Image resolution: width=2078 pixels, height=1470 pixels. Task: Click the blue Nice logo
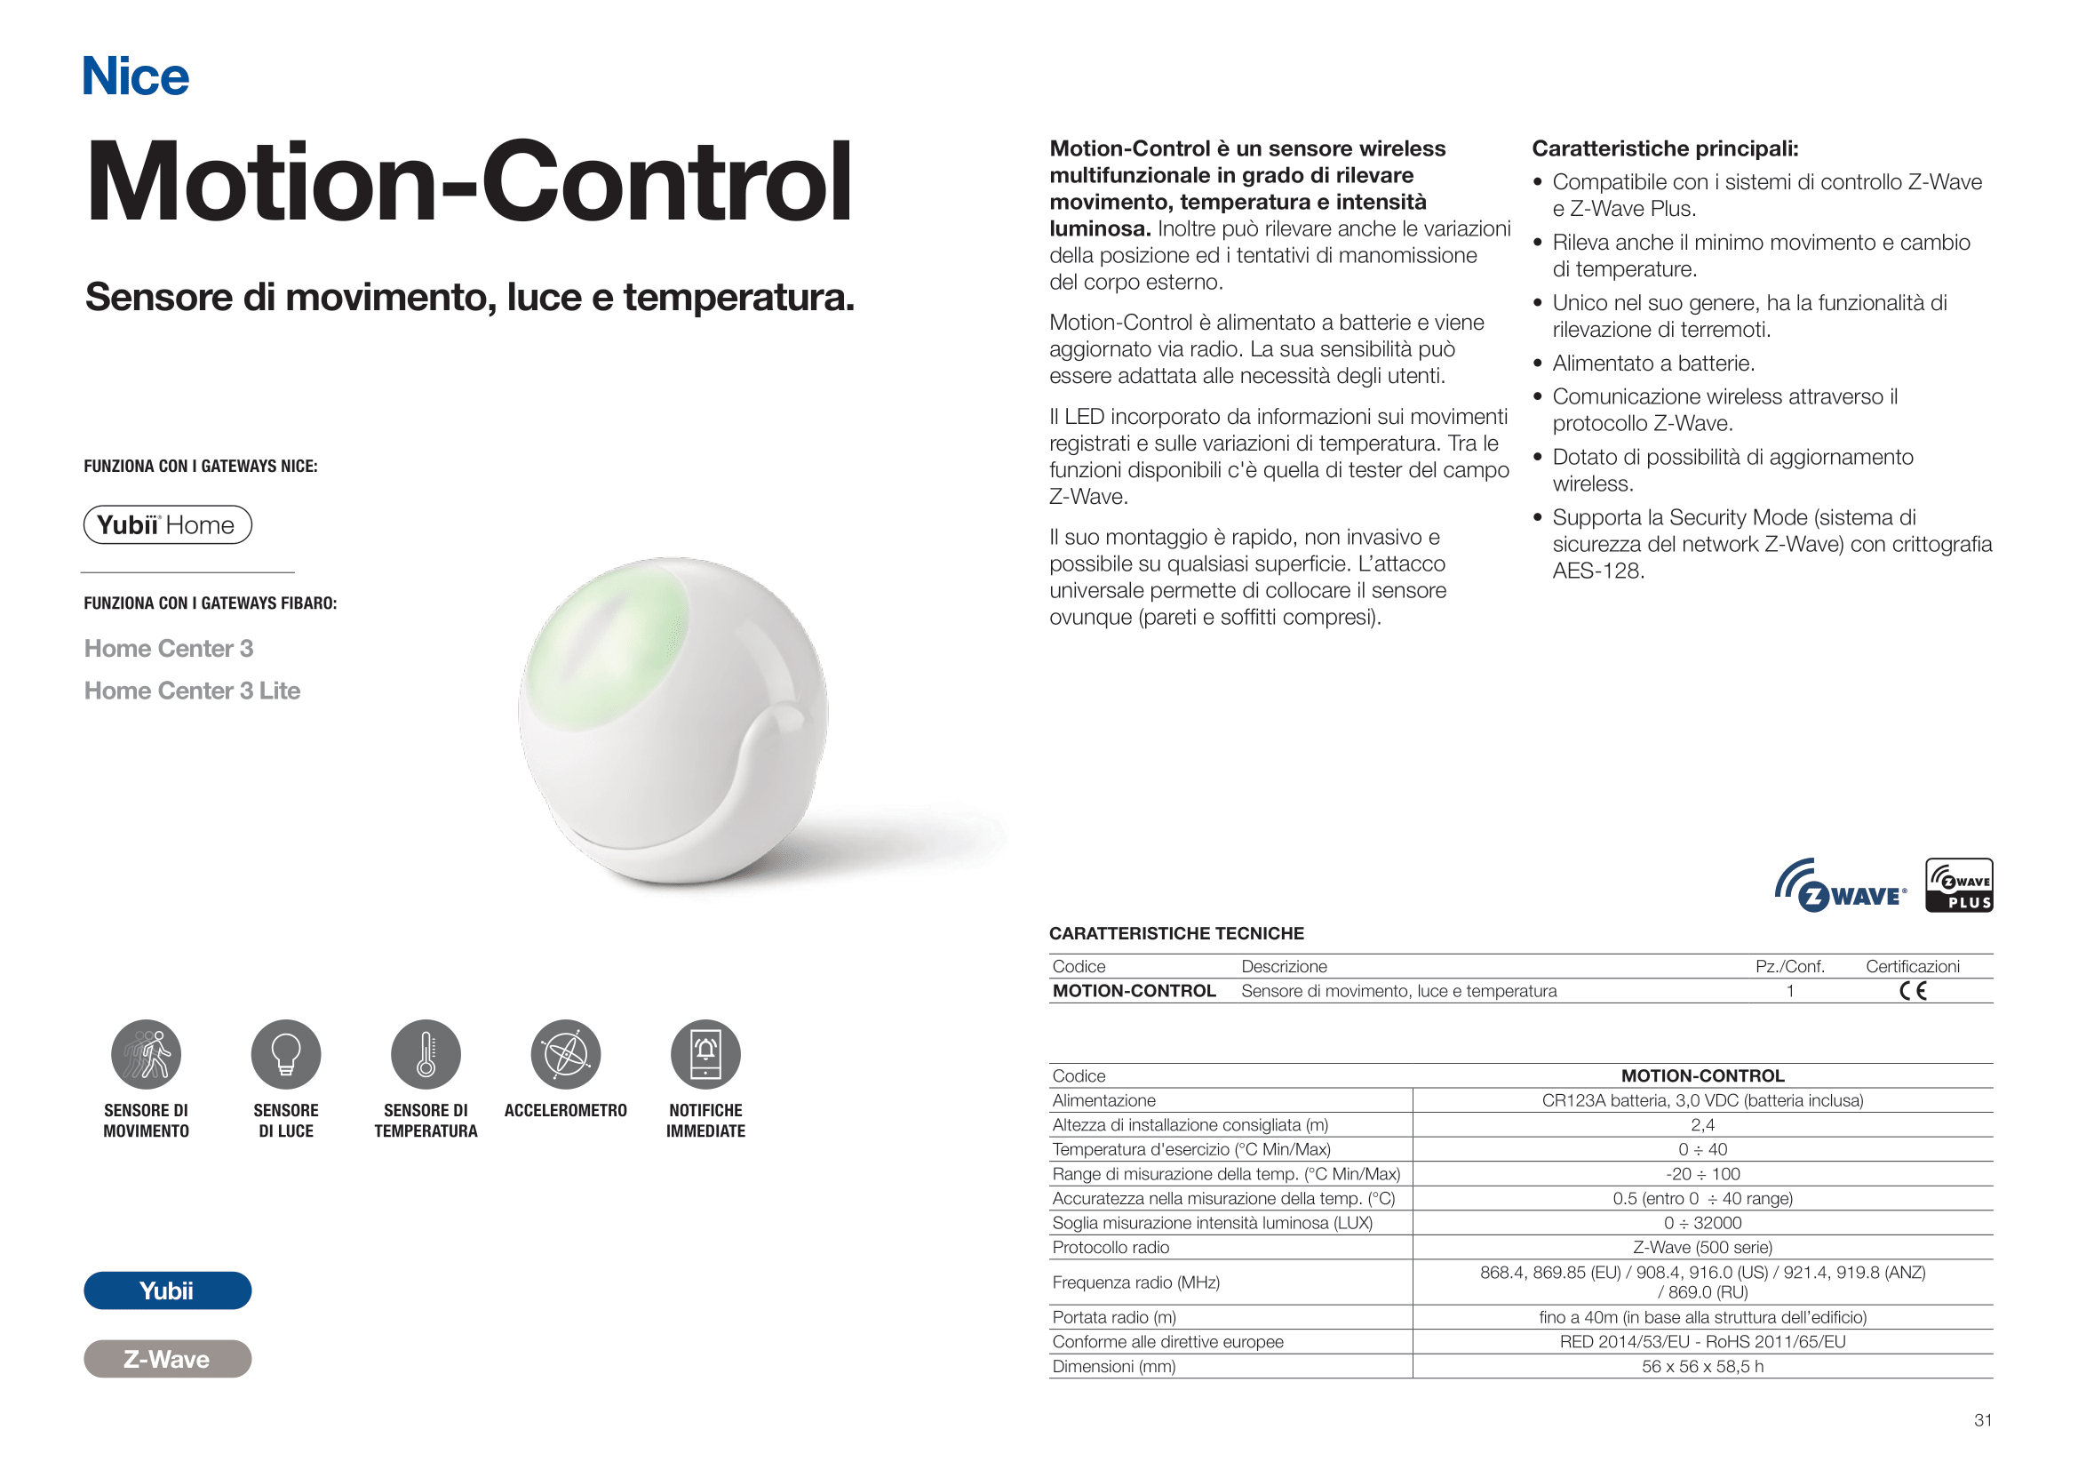[x=136, y=76]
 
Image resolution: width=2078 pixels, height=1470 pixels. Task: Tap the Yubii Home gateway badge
[x=167, y=525]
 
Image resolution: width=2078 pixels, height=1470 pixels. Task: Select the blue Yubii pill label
[x=167, y=1290]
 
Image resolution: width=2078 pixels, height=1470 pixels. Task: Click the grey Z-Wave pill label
[x=167, y=1359]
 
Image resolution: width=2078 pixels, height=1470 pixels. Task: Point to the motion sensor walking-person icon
[x=147, y=1055]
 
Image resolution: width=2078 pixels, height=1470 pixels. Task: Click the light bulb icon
[x=286, y=1055]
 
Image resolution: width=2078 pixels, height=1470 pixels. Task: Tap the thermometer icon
[x=426, y=1055]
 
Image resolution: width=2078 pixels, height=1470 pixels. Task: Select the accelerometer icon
[x=566, y=1055]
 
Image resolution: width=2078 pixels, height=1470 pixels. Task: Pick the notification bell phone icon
[x=706, y=1055]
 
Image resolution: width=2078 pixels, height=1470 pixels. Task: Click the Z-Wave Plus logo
[x=1959, y=885]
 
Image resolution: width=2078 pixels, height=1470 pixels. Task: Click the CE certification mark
[x=1913, y=991]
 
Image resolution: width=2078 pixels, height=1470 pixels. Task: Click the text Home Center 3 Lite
[x=192, y=691]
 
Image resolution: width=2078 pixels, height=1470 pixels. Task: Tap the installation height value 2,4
[x=1702, y=1125]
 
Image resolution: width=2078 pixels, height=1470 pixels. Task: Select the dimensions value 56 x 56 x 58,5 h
[x=1702, y=1366]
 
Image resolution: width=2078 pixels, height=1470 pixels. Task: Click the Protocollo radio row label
[x=1111, y=1247]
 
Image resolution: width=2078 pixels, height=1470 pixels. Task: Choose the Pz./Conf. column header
[x=1789, y=967]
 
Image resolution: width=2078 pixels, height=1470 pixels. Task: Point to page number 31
[x=1983, y=1420]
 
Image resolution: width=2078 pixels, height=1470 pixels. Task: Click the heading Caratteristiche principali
[x=1664, y=148]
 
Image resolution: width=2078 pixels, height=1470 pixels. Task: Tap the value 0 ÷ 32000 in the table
[x=1702, y=1223]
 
